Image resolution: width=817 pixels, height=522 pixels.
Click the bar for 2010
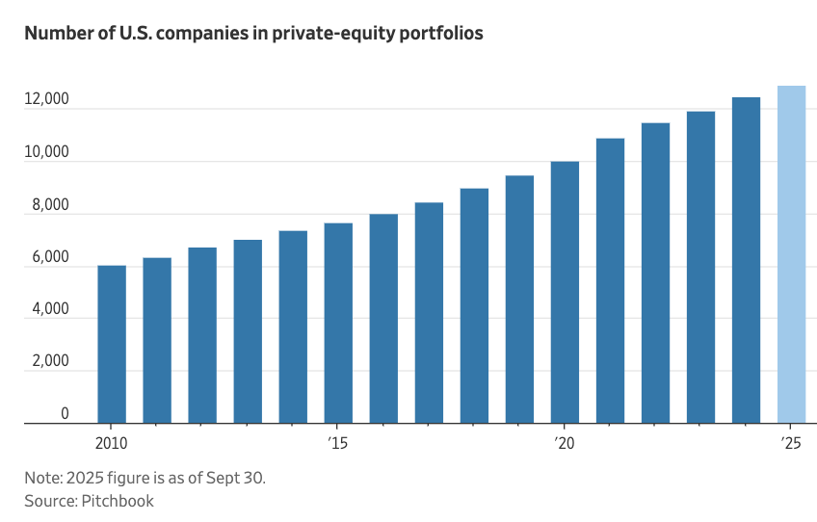[112, 344]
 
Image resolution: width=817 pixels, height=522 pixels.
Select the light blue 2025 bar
[791, 254]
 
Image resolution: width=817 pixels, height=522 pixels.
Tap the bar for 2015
[338, 323]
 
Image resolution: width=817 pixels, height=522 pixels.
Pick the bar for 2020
[565, 292]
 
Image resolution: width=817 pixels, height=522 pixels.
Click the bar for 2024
[746, 260]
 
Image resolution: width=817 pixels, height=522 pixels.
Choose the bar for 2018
[474, 305]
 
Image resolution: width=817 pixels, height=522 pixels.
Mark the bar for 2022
[655, 273]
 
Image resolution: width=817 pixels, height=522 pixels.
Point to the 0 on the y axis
[65, 414]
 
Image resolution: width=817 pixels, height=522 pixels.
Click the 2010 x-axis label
[112, 443]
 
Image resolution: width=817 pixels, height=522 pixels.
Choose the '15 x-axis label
[337, 443]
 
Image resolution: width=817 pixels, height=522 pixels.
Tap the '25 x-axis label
[791, 443]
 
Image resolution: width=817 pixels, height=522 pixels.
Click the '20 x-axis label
[565, 443]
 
